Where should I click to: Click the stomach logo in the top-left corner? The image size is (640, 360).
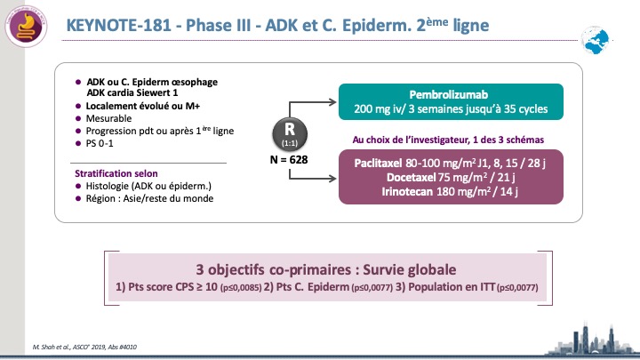[26, 26]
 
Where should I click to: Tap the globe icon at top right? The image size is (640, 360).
[596, 40]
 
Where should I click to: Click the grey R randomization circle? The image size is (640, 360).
[290, 134]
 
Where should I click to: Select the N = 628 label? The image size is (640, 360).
[289, 160]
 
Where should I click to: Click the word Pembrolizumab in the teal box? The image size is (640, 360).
[449, 95]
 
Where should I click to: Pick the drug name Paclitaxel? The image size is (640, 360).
[378, 164]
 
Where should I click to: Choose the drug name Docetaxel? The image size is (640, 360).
[411, 178]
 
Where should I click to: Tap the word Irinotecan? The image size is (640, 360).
[407, 191]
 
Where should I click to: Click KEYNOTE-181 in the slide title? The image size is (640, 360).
[119, 25]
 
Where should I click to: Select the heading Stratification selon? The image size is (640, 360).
[116, 173]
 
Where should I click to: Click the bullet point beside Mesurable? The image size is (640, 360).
[78, 119]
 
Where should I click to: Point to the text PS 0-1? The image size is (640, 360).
[100, 144]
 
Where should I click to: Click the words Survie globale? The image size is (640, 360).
[410, 270]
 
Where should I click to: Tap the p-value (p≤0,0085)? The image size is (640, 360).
[241, 288]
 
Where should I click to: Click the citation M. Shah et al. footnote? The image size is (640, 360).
[84, 347]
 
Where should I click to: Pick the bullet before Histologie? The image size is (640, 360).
[78, 186]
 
